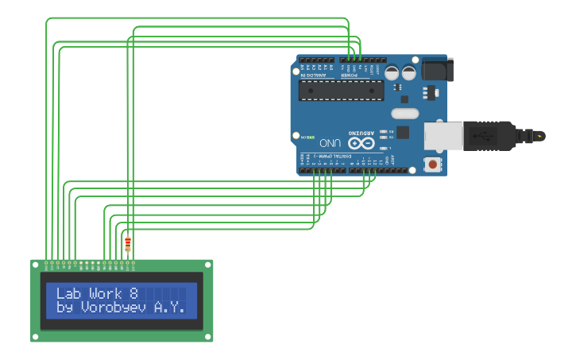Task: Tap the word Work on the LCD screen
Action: point(106,293)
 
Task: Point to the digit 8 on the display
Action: point(133,293)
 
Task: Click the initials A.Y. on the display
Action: point(172,307)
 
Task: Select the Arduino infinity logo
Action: point(361,142)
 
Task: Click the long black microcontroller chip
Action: point(341,90)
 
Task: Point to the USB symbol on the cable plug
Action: point(481,135)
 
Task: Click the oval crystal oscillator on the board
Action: point(404,114)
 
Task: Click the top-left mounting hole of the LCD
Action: point(36,265)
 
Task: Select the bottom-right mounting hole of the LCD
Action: point(208,337)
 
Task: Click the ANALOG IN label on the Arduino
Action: point(313,75)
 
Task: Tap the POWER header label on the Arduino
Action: point(354,75)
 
